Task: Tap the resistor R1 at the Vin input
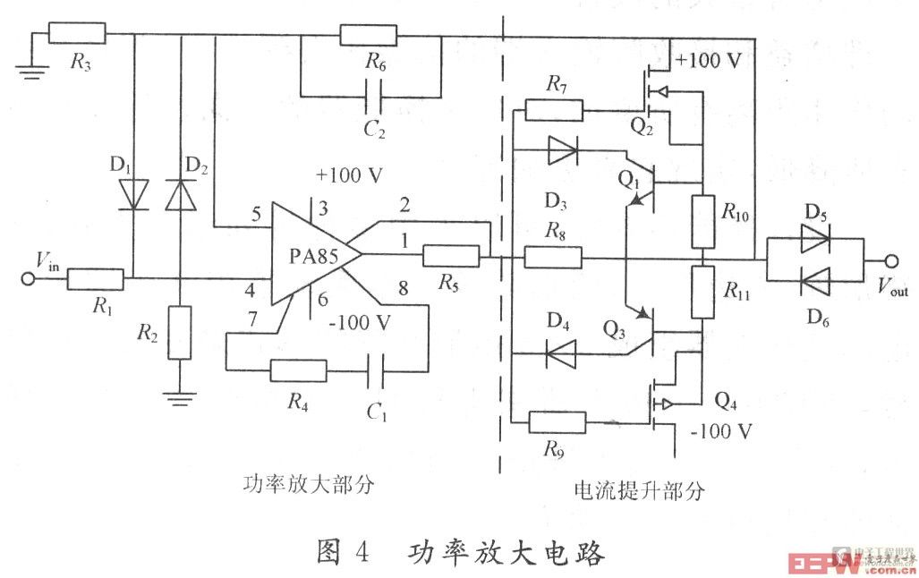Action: [95, 279]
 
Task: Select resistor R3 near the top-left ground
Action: [77, 35]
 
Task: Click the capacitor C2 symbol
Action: [372, 96]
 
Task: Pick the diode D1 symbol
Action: [134, 194]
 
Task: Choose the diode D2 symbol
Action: [180, 194]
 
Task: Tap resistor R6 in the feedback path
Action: [368, 36]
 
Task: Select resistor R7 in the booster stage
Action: [553, 111]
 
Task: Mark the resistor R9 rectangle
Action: [557, 422]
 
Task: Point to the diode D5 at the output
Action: [813, 239]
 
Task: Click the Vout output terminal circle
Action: [892, 260]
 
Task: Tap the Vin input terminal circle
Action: [29, 279]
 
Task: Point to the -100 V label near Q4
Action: [722, 432]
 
